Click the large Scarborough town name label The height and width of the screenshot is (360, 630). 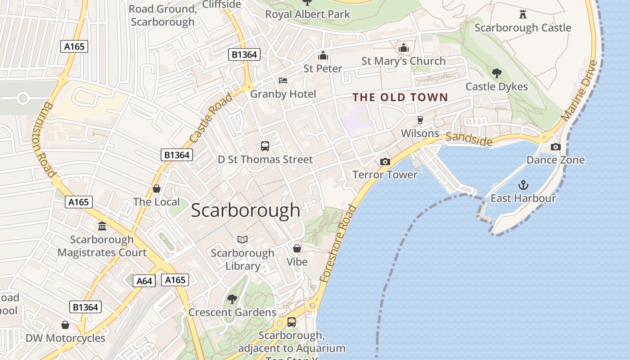point(245,211)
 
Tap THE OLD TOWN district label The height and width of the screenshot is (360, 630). point(400,97)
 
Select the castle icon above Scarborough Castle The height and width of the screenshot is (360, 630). point(522,14)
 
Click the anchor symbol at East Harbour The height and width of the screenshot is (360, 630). point(523,185)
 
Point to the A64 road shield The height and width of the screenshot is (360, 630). point(144,281)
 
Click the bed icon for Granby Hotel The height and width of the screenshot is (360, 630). point(283,81)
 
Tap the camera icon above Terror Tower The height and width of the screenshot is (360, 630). point(385,162)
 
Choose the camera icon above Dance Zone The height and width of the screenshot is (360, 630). point(555,147)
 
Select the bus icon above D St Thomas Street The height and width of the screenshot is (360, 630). point(265,146)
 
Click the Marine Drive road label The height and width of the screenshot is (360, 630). point(580,90)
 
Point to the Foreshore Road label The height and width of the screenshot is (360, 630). point(338,243)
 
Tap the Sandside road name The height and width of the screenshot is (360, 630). point(469,139)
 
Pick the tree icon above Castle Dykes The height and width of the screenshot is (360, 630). point(496,73)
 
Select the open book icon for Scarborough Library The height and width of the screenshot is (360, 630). point(243,240)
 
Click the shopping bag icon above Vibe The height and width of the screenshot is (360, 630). point(297,248)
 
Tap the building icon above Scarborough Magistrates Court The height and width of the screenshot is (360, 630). point(102,226)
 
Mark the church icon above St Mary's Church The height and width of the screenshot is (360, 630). point(403,48)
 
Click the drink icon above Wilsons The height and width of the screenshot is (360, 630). point(420,120)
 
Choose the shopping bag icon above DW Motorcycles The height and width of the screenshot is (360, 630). point(65,325)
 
